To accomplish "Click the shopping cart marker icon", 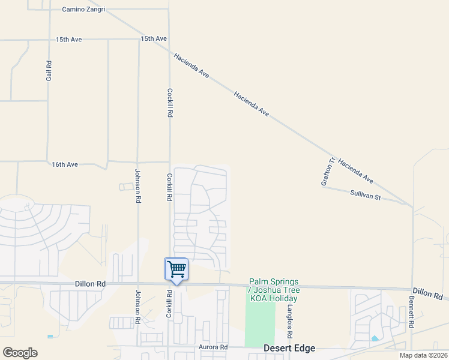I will (x=176, y=269).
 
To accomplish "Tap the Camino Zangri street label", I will (x=83, y=10).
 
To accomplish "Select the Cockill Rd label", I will (x=170, y=103).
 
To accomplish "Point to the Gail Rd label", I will (x=49, y=71).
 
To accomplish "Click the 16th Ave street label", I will (x=65, y=164).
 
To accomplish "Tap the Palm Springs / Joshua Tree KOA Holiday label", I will (x=274, y=290).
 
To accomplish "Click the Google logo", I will (x=20, y=353).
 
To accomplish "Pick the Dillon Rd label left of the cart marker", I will (x=90, y=284).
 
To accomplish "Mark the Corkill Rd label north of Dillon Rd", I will (x=170, y=187).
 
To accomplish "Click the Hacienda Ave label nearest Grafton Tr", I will (x=355, y=171).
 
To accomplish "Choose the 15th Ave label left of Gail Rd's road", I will (x=68, y=40).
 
